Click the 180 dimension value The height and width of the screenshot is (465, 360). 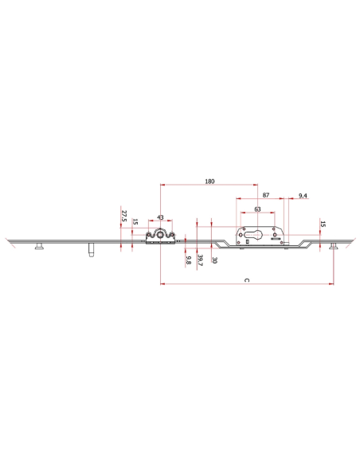pyautogui.click(x=209, y=182)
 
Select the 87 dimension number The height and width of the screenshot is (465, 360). pyautogui.click(x=266, y=195)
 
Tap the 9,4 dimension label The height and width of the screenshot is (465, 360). pyautogui.click(x=303, y=196)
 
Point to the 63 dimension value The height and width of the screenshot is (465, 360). pyautogui.click(x=257, y=209)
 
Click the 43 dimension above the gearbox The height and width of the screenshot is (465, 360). pyautogui.click(x=160, y=217)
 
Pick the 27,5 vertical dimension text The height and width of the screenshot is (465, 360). pyautogui.click(x=124, y=216)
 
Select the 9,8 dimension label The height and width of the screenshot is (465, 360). pyautogui.click(x=188, y=260)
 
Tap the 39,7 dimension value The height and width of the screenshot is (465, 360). pyautogui.click(x=200, y=260)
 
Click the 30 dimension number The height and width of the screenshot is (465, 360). pyautogui.click(x=215, y=260)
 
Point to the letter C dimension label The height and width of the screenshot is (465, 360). pyautogui.click(x=247, y=280)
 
